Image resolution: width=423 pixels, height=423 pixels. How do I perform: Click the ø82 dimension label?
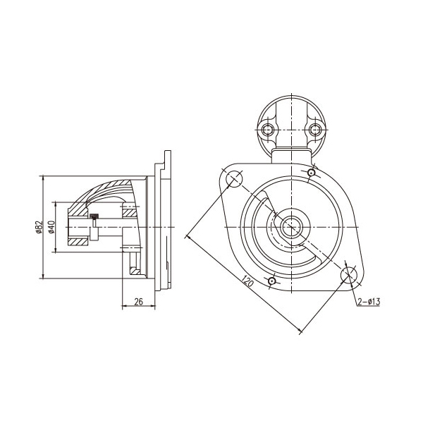39,227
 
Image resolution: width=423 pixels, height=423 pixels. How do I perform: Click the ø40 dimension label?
51,227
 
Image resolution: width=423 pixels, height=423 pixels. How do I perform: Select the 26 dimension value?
138,302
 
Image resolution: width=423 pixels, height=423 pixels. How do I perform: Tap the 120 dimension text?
247,281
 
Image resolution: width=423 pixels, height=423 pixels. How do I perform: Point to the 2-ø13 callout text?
369,302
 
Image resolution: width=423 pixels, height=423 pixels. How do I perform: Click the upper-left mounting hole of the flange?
234,179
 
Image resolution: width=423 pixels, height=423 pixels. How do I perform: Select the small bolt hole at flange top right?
312,173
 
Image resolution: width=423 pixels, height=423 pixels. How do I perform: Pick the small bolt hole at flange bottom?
272,281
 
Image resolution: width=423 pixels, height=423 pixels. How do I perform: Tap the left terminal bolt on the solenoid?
268,130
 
